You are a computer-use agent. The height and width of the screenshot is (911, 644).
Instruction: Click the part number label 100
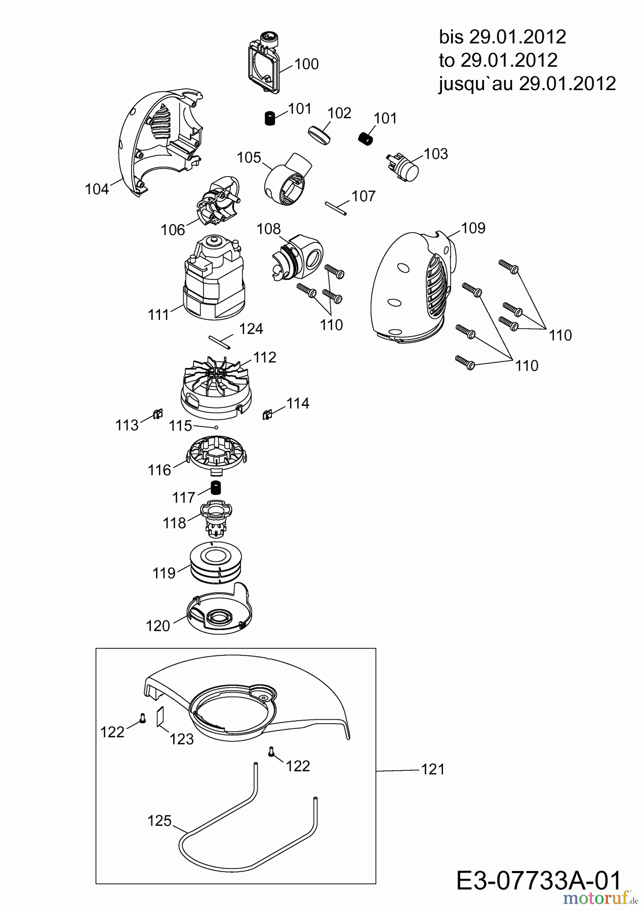[307, 64]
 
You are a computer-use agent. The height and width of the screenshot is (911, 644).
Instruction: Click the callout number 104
[97, 190]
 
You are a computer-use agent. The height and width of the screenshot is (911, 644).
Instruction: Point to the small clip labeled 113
[157, 415]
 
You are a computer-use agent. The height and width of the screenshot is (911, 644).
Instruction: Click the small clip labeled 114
[267, 415]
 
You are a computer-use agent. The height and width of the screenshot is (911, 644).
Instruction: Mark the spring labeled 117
[217, 489]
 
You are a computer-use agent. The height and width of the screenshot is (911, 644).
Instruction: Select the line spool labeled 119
[217, 563]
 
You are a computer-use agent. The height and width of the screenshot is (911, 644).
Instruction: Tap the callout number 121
[433, 770]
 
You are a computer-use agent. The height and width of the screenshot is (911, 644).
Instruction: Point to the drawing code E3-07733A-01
[538, 881]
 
